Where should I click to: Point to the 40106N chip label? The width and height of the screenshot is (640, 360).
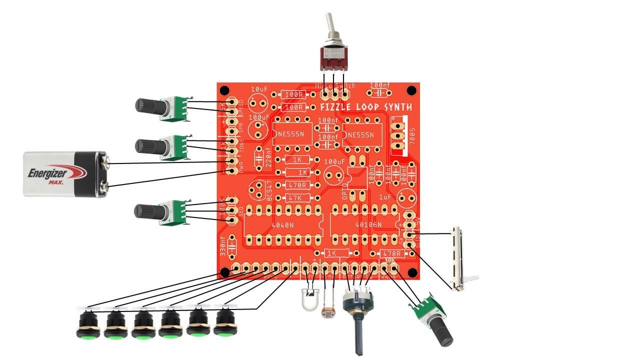click(368, 225)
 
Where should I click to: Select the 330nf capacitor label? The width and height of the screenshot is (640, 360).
click(223, 246)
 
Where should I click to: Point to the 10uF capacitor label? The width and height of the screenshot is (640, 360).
click(259, 88)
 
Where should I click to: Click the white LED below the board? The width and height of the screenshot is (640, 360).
click(310, 299)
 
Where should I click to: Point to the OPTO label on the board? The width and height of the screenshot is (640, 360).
click(344, 191)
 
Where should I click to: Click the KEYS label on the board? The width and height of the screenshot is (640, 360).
click(270, 277)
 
